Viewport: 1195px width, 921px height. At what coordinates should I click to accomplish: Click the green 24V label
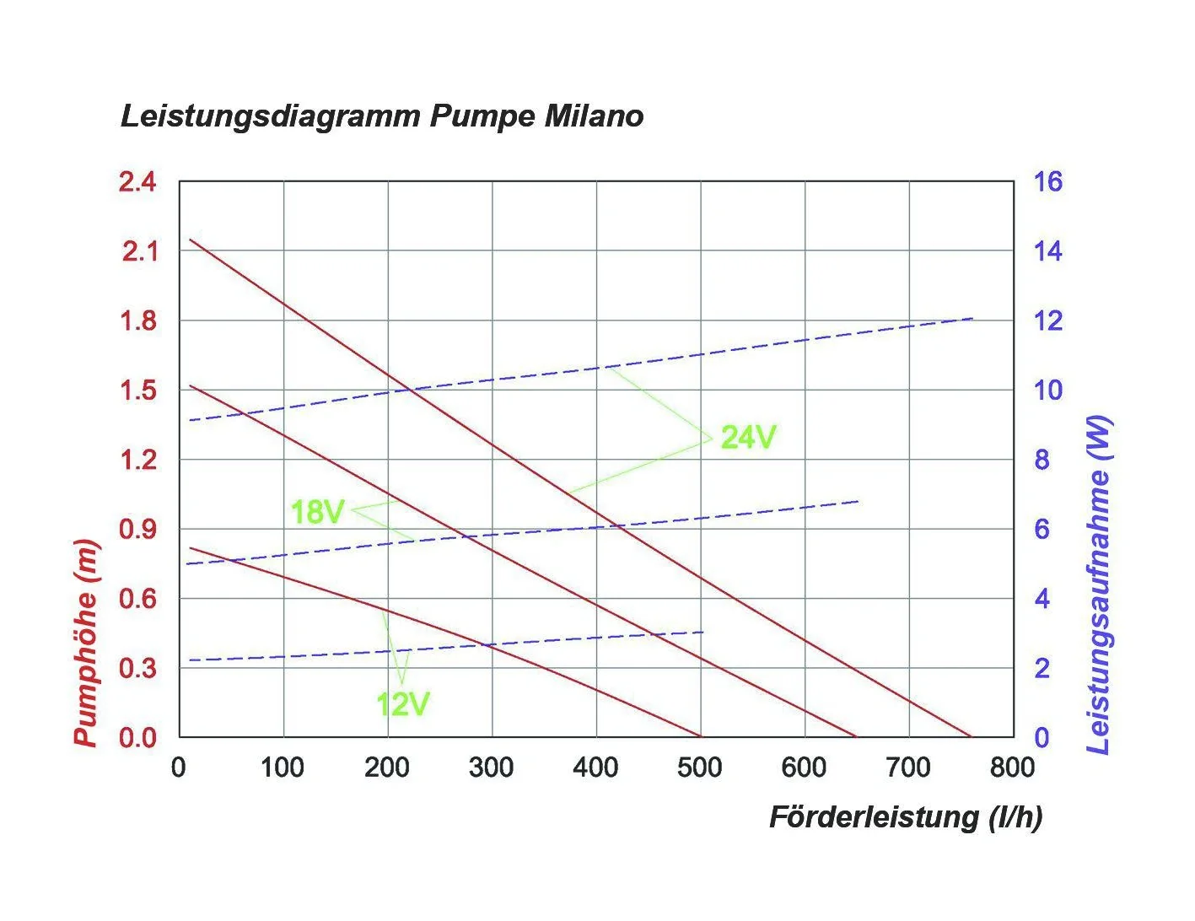pyautogui.click(x=748, y=437)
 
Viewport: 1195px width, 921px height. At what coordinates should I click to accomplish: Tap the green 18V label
pyautogui.click(x=317, y=512)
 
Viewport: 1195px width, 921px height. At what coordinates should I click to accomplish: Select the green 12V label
pyautogui.click(x=403, y=703)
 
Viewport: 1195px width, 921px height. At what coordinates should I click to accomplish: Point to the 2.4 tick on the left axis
pyautogui.click(x=137, y=181)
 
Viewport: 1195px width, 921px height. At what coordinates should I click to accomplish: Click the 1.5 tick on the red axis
pyautogui.click(x=137, y=390)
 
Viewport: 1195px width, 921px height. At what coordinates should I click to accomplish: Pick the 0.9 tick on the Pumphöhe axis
pyautogui.click(x=137, y=530)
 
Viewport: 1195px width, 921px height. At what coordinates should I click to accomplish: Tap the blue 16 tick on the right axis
pyautogui.click(x=1048, y=181)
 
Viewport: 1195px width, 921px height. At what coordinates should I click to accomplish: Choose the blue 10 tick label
pyautogui.click(x=1048, y=390)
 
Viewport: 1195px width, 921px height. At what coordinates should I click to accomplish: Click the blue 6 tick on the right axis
pyautogui.click(x=1042, y=530)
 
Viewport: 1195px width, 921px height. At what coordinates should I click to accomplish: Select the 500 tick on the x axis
pyautogui.click(x=700, y=767)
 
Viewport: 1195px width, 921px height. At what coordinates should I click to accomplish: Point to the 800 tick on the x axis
pyautogui.click(x=1012, y=767)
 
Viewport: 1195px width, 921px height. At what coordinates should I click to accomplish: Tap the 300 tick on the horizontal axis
pyautogui.click(x=492, y=767)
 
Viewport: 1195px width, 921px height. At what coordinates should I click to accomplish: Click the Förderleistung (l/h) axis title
pyautogui.click(x=906, y=816)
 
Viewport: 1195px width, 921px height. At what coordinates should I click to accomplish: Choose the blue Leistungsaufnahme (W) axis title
pyautogui.click(x=1098, y=584)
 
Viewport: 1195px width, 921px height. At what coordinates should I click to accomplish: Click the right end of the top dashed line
pyautogui.click(x=973, y=319)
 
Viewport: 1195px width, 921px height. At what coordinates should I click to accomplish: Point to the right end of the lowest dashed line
pyautogui.click(x=703, y=632)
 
